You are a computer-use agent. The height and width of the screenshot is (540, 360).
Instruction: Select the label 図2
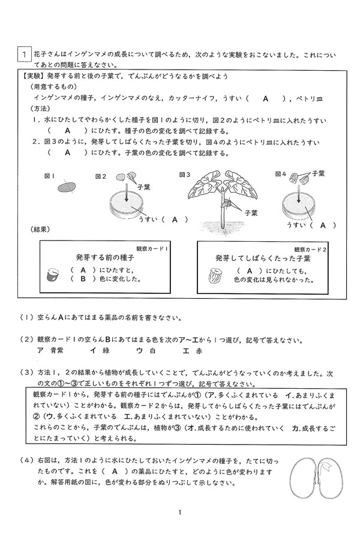tap(101, 176)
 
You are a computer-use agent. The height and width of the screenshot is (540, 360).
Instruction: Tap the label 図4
tap(280, 175)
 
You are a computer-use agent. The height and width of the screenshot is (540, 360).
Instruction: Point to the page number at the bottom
tap(179, 512)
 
